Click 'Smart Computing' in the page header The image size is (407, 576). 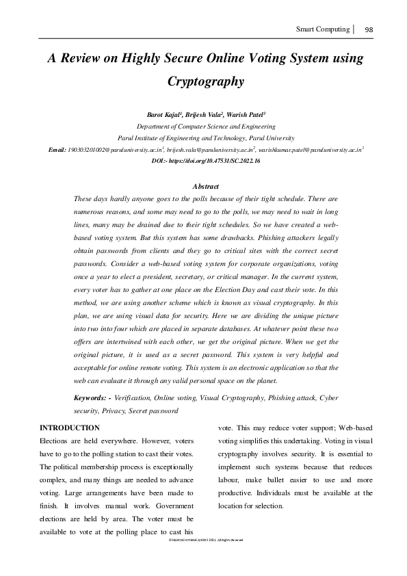tap(322, 29)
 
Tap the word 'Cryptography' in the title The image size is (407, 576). tap(206, 81)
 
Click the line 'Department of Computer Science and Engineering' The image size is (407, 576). tap(206, 127)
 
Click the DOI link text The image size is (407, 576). tap(206, 159)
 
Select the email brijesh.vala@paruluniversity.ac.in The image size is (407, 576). tap(210, 148)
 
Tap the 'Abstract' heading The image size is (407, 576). tap(206, 186)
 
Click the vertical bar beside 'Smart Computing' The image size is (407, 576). tap(354, 29)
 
